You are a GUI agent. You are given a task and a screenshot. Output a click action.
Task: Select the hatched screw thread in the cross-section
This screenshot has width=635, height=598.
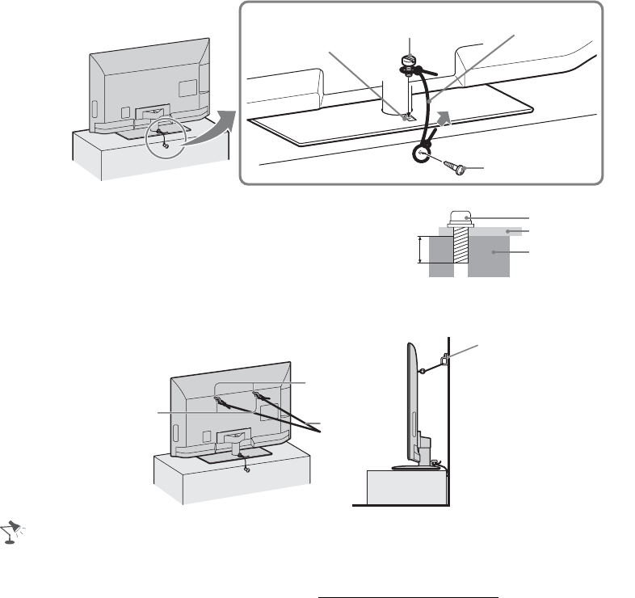tap(458, 246)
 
